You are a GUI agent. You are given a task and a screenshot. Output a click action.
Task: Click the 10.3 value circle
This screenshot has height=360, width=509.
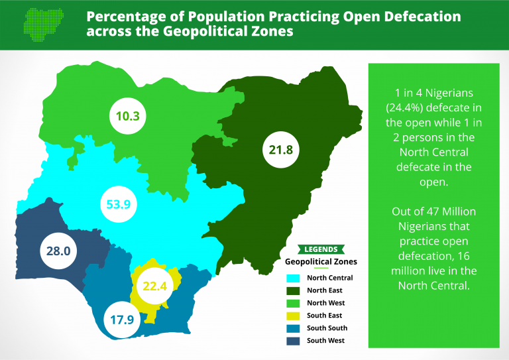tap(128, 116)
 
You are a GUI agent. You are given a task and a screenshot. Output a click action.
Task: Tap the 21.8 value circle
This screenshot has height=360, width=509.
tap(281, 149)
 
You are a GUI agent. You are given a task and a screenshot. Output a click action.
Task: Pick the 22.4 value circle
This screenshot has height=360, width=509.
tap(153, 286)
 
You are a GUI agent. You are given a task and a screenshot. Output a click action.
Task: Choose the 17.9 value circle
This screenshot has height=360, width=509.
tap(122, 319)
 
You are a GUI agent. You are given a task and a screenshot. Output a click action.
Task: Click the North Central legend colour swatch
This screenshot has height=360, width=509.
tap(292, 278)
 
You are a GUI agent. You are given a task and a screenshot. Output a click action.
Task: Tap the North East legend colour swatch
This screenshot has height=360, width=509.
tap(292, 290)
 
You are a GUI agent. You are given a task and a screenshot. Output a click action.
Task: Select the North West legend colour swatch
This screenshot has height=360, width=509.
tap(292, 303)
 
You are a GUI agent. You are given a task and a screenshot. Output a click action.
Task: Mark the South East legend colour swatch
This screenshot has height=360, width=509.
tap(292, 316)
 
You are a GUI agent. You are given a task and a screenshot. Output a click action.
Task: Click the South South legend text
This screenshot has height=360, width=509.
tap(327, 328)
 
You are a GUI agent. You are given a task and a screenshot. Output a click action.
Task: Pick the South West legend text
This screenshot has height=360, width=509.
tap(326, 341)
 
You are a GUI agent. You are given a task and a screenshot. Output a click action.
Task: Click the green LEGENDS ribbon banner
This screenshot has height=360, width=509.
tap(321, 249)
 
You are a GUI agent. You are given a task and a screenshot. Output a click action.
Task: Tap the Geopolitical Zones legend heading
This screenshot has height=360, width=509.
tap(321, 262)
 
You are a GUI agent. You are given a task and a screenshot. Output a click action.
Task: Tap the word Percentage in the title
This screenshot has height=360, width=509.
tap(126, 16)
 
